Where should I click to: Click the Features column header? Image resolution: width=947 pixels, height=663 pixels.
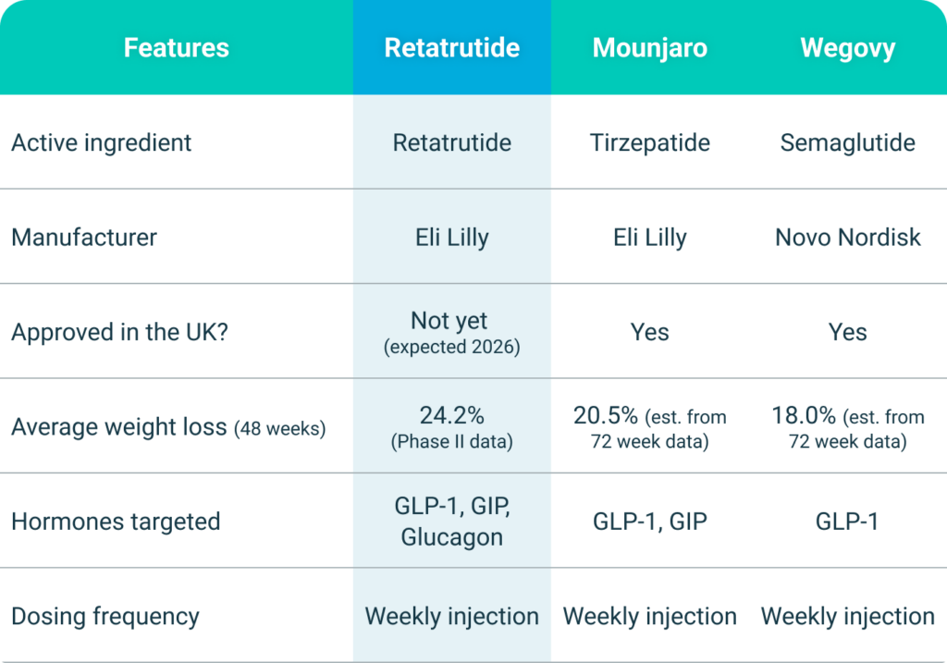(x=176, y=47)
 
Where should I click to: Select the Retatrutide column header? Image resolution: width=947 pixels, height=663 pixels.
(x=451, y=47)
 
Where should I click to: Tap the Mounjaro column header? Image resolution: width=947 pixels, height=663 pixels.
(x=649, y=47)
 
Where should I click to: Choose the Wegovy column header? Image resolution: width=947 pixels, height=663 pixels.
(x=847, y=47)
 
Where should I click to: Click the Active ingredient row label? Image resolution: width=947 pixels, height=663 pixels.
(x=102, y=142)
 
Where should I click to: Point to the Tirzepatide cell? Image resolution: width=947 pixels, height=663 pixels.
(x=649, y=142)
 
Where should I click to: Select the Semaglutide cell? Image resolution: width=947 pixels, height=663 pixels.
(x=847, y=142)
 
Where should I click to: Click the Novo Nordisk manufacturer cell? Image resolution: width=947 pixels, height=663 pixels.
(x=847, y=237)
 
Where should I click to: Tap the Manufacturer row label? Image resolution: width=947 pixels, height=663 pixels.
(x=84, y=237)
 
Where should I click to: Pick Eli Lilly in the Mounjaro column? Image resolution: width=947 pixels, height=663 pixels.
(x=649, y=237)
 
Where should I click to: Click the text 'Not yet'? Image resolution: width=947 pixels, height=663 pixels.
(x=449, y=320)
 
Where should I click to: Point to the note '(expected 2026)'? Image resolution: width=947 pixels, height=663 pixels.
(x=451, y=348)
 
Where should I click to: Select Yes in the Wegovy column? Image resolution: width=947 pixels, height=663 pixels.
(x=847, y=332)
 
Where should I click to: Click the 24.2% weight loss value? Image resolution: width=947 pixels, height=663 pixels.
(x=451, y=415)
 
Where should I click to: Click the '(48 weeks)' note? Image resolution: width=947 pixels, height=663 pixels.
(x=279, y=429)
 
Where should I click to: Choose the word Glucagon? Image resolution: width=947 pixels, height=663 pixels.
(x=451, y=536)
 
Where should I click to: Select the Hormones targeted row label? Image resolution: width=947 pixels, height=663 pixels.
(x=116, y=522)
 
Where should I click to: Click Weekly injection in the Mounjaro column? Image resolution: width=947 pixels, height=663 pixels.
(x=649, y=616)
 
